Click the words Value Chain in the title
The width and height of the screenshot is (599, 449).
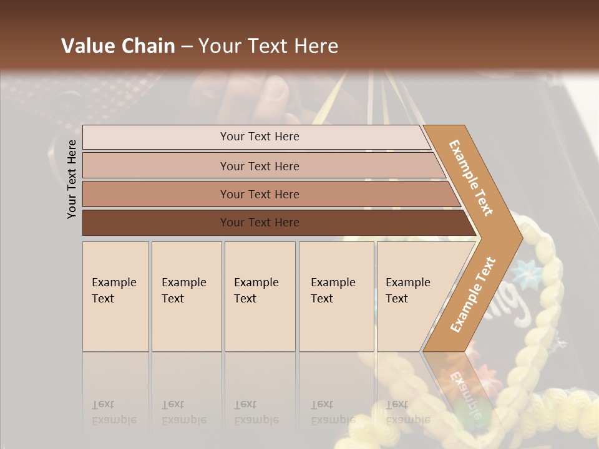[x=118, y=46]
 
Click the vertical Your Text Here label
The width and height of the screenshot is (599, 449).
[x=72, y=179]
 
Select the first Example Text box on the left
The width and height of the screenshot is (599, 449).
[x=115, y=296]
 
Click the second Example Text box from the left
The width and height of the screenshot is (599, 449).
[x=187, y=296]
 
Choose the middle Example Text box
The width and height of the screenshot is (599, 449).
[x=260, y=296]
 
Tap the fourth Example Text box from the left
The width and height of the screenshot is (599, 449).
[x=336, y=296]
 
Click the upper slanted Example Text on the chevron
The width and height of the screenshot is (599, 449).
[x=471, y=178]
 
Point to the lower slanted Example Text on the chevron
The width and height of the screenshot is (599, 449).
[x=473, y=294]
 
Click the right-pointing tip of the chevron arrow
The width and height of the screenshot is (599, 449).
[x=519, y=238]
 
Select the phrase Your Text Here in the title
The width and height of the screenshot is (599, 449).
[x=268, y=46]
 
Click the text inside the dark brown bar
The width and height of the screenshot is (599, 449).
[x=260, y=223]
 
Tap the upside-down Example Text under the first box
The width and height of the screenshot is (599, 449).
[x=114, y=412]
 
